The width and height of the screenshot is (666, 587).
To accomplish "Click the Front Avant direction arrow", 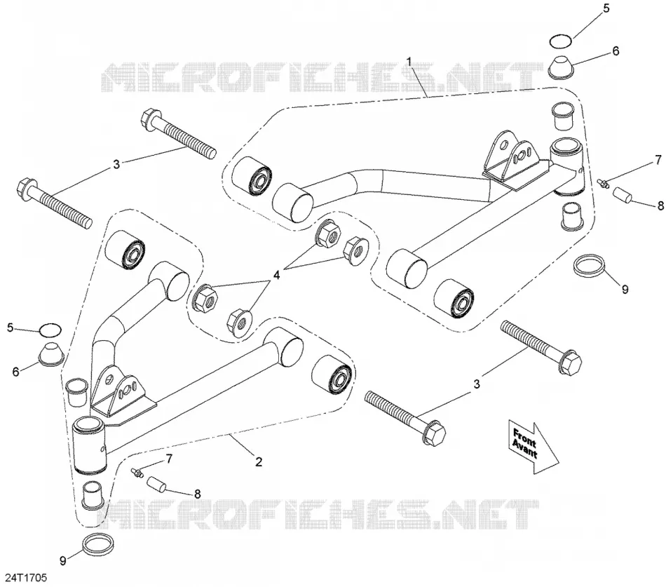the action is click(x=533, y=446).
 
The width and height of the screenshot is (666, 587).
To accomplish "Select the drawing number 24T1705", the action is click(x=25, y=578).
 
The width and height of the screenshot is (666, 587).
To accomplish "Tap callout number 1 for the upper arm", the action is click(x=409, y=62).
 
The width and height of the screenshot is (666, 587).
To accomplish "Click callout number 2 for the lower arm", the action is click(x=259, y=461).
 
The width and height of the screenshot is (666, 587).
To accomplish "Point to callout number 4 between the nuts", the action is click(x=276, y=275).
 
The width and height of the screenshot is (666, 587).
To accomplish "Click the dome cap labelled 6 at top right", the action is click(x=560, y=67).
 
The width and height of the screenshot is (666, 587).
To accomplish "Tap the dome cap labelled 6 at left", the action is click(x=51, y=353).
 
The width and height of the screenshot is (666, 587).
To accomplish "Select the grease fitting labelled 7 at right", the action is click(x=603, y=183).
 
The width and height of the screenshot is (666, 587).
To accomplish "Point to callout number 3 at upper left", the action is click(x=116, y=165).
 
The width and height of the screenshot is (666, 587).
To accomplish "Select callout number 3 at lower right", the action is click(x=477, y=384).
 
